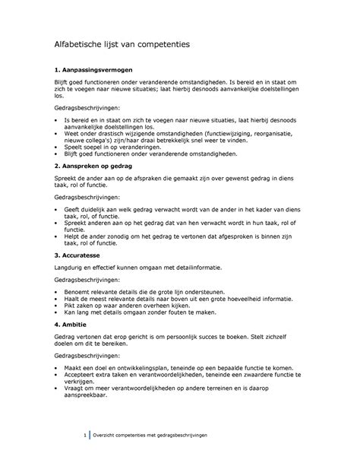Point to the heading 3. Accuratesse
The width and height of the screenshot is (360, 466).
[74, 255]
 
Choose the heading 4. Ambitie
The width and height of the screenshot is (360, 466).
[68, 323]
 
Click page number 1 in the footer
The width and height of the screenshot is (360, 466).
[84, 434]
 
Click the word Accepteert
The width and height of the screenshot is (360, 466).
[81, 376]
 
